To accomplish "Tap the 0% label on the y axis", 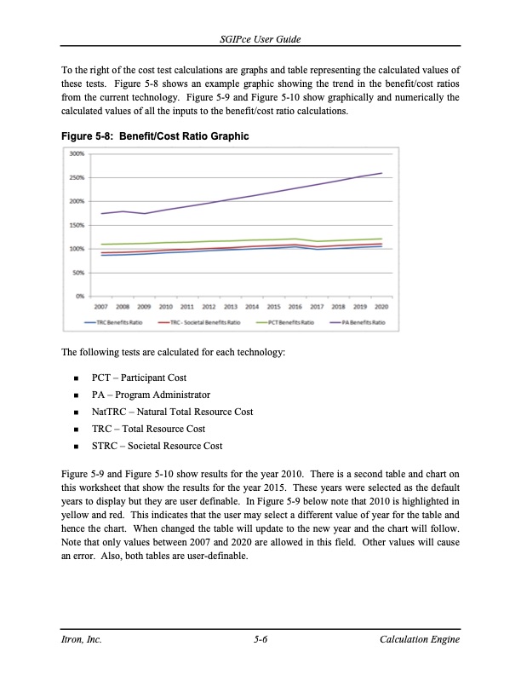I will [x=77, y=296].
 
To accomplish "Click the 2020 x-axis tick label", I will [x=381, y=305].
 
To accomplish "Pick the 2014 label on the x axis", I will [x=252, y=305].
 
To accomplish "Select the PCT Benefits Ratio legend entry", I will [x=291, y=323].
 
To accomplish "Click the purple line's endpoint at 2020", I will [x=381, y=173].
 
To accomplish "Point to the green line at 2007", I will [x=102, y=245].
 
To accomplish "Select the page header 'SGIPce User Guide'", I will [x=260, y=41].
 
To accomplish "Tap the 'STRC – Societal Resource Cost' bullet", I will [x=157, y=446].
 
